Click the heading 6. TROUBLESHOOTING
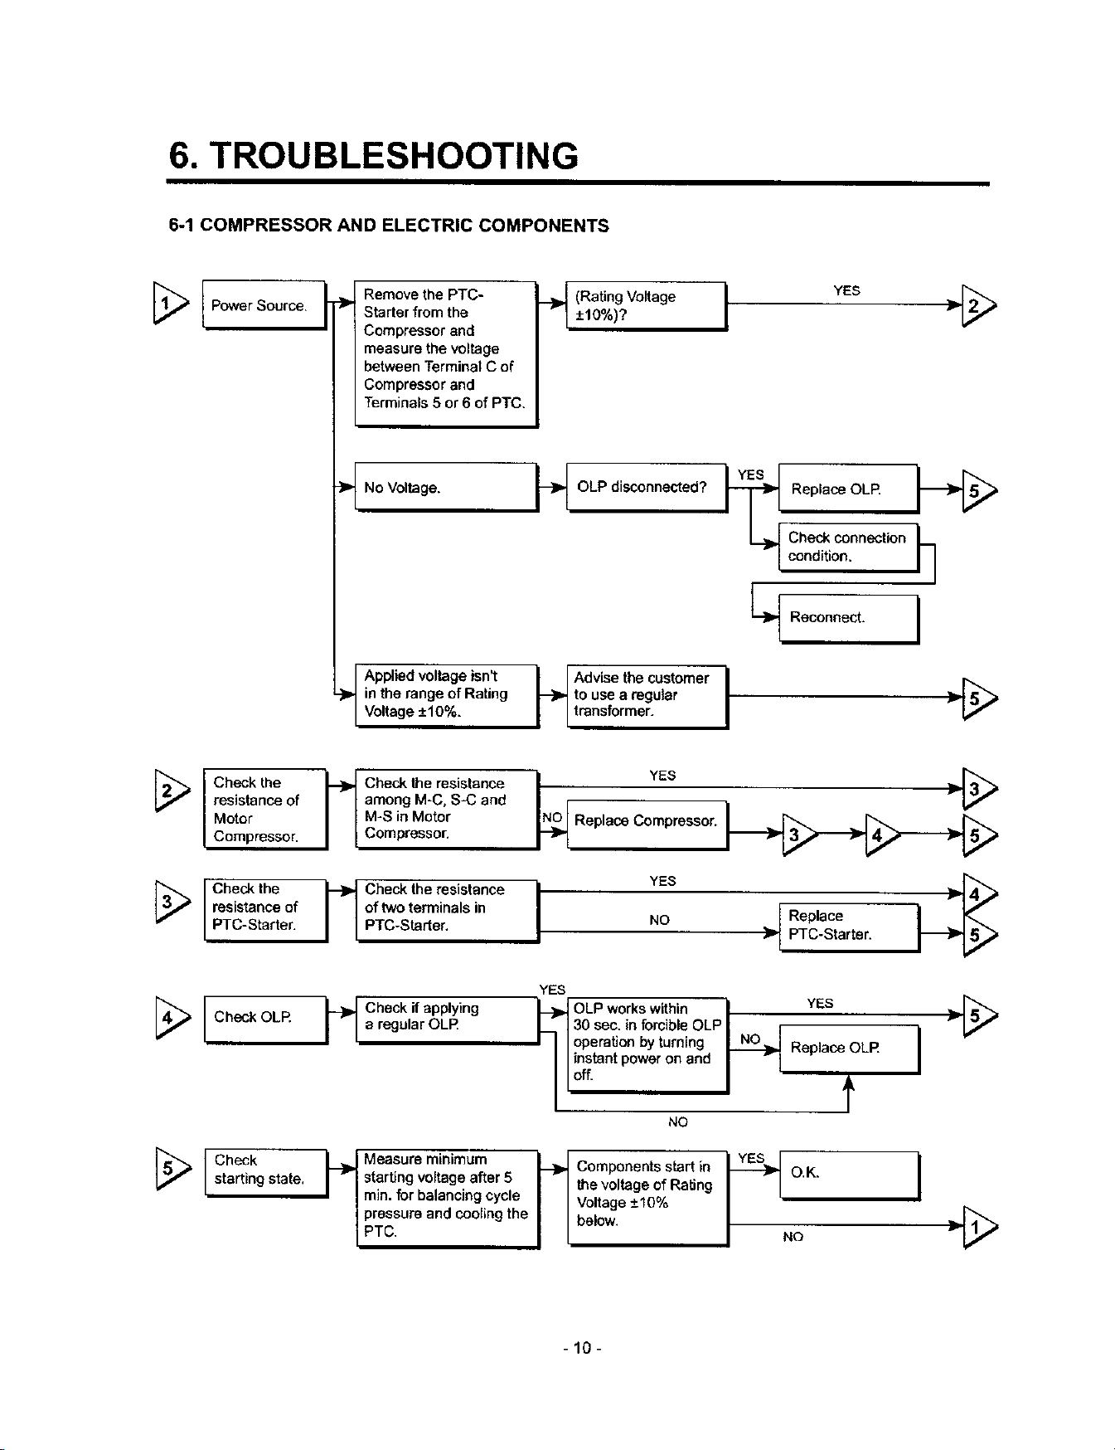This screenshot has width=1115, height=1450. coord(373,156)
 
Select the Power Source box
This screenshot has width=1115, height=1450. coord(264,305)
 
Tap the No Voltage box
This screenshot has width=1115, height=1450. coord(447,487)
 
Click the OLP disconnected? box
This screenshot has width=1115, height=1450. coord(647,488)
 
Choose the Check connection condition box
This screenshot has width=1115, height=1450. coord(850,547)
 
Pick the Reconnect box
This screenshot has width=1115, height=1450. coord(850,619)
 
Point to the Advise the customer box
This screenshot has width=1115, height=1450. coord(647,696)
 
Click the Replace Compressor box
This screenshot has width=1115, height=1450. coord(647,825)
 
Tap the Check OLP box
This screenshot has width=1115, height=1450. coord(266,1019)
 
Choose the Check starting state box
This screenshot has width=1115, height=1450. coord(266,1173)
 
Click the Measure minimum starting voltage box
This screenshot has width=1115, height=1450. coord(448,1198)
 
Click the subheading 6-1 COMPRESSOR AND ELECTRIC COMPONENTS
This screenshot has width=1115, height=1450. coord(389,226)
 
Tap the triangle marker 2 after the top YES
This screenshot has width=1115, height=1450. coord(978,306)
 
